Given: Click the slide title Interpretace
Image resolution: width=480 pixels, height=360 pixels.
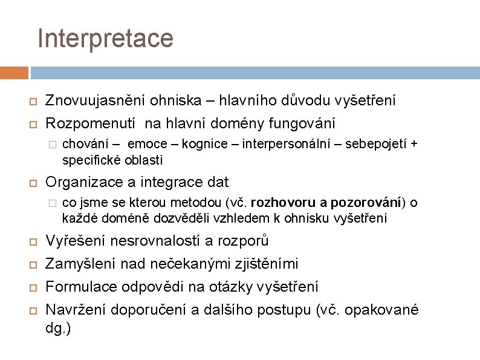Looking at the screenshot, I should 105,38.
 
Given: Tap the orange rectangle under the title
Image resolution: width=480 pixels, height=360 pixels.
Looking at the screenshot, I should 14,73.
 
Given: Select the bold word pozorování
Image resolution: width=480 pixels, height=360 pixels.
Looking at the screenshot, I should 366,202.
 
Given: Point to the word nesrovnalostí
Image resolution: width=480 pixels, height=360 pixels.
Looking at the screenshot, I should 160,241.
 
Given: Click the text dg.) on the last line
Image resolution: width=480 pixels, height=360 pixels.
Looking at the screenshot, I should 58,329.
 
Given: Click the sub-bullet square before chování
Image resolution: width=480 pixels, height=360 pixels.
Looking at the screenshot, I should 53,145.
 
